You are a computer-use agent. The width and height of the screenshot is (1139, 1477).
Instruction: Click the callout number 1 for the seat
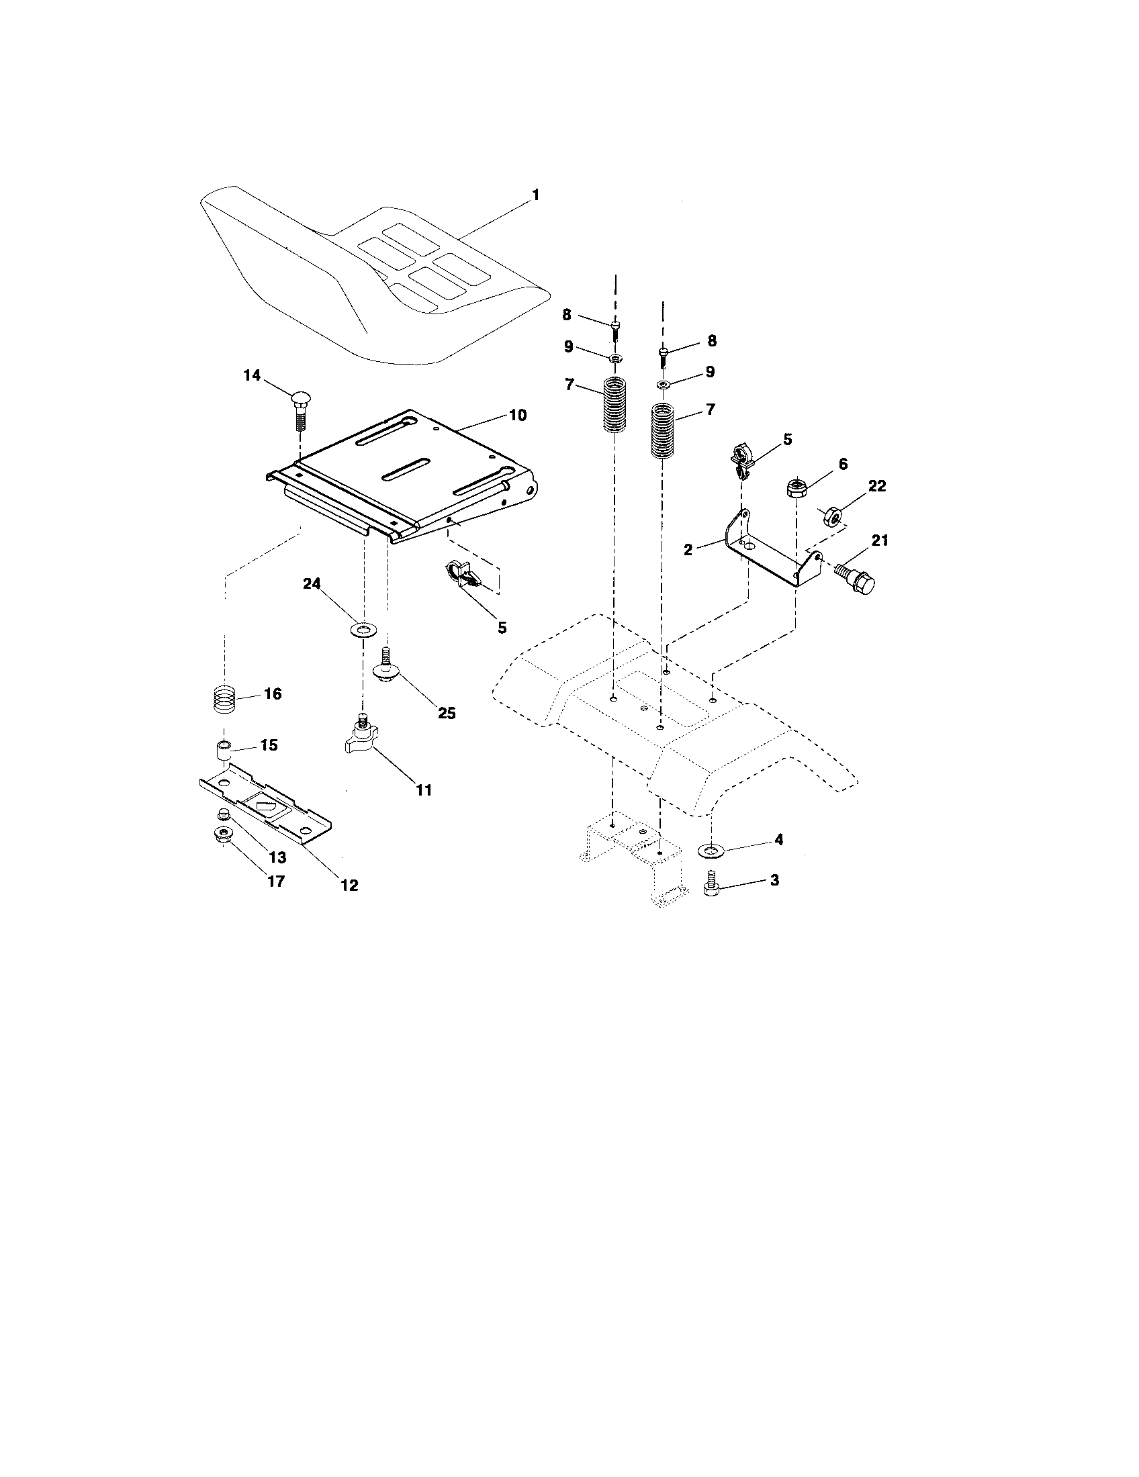click(x=535, y=195)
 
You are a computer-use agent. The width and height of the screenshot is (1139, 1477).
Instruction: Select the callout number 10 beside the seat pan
click(x=516, y=415)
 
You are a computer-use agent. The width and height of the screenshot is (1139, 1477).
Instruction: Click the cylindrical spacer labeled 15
click(x=224, y=749)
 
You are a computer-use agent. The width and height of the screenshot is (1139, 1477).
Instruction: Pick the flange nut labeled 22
click(x=833, y=518)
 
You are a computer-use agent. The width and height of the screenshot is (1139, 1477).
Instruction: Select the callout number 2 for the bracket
click(x=688, y=549)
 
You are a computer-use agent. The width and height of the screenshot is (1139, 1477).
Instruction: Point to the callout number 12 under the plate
click(x=349, y=885)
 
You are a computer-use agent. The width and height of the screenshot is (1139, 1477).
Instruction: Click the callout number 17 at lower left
click(x=276, y=882)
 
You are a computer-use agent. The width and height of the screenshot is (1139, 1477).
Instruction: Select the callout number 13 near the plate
click(x=277, y=857)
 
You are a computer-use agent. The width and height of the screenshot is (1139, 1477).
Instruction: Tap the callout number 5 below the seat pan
click(x=501, y=628)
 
